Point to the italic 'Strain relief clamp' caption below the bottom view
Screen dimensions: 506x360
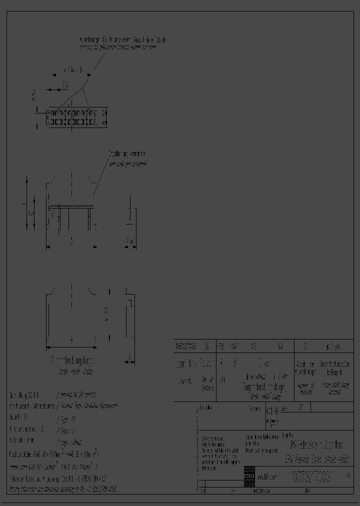(x=73, y=371)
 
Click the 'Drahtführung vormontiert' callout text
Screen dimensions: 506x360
(x=127, y=154)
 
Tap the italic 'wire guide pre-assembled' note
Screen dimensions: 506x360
(x=127, y=163)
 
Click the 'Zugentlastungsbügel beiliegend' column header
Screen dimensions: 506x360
(x=334, y=368)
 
